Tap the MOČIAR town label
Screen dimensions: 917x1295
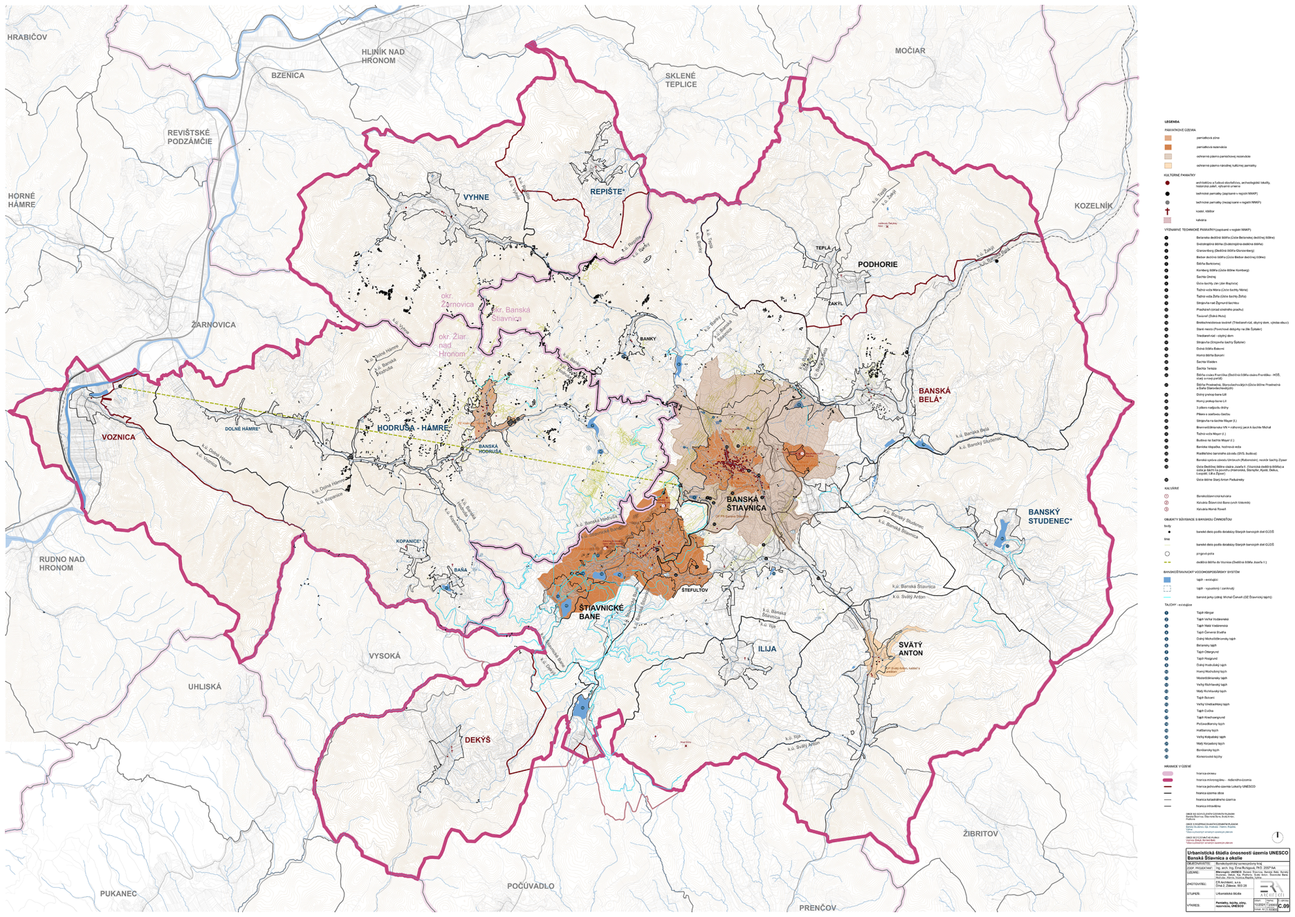[910, 51]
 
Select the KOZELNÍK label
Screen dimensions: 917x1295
[1094, 206]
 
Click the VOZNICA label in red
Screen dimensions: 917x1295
[118, 437]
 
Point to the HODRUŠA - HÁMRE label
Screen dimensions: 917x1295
[412, 428]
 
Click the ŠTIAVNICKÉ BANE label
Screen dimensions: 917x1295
[601, 612]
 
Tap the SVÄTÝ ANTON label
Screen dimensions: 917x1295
[910, 648]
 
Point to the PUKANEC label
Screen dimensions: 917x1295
[118, 893]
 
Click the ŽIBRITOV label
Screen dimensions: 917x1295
[980, 834]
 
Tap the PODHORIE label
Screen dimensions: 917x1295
[877, 264]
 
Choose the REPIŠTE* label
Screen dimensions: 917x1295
[607, 191]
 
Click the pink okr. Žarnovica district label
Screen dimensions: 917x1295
[457, 300]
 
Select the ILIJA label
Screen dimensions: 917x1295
[767, 649]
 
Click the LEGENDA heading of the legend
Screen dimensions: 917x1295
[1171, 122]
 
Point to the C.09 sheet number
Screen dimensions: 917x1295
[1283, 906]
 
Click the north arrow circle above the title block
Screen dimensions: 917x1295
[1277, 837]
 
